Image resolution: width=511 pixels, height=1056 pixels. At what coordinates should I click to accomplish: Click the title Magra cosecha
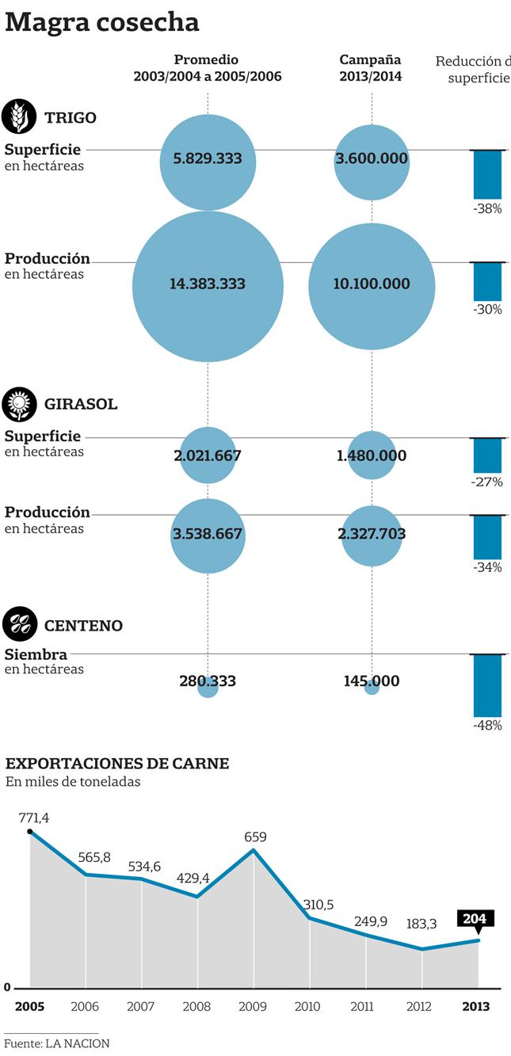coord(102,22)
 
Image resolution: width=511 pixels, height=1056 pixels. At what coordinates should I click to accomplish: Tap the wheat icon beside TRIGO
coord(19,117)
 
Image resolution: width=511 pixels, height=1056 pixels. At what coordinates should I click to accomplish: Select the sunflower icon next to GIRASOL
coord(19,404)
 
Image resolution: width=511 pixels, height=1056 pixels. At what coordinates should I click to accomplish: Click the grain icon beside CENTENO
coord(19,625)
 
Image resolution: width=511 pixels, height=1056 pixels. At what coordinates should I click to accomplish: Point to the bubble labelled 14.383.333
coord(208,285)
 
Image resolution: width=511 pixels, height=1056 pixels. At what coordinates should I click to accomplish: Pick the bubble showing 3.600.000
coord(372,161)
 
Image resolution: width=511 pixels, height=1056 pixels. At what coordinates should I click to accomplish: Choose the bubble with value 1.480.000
coord(372,456)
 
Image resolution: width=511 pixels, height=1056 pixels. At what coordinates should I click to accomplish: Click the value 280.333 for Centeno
coord(208,680)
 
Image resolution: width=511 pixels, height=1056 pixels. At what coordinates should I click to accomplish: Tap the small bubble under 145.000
coord(372,688)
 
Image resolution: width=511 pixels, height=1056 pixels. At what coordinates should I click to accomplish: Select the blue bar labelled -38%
coord(487,174)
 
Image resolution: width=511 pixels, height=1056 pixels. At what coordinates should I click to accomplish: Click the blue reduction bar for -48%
coord(487,686)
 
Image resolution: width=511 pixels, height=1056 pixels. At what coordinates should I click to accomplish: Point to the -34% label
coord(487,567)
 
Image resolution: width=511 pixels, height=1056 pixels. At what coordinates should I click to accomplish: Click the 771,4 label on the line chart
coord(34,817)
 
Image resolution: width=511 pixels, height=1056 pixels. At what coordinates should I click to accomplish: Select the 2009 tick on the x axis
coord(254,1007)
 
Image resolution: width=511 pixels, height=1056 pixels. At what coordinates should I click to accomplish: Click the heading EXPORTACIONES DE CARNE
coord(117,764)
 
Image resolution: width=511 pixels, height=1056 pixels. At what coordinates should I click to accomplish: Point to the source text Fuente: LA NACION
coord(57,1043)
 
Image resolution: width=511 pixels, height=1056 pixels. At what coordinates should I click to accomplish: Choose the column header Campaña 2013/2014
coord(371,68)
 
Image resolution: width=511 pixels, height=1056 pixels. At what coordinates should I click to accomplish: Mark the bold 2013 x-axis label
coord(475,1007)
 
